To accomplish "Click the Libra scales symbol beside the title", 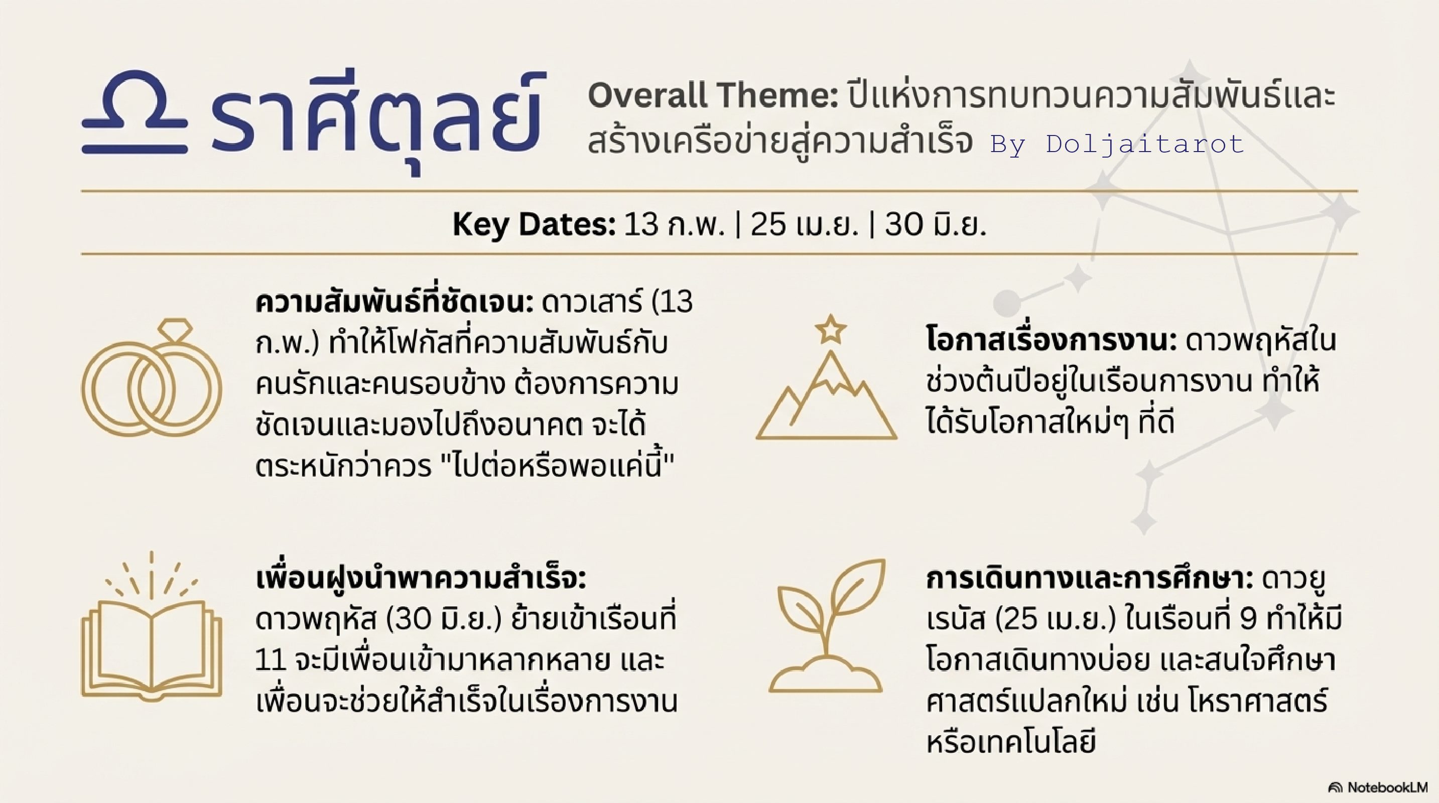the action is click(134, 112).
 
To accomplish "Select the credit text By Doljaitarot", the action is click(1117, 144).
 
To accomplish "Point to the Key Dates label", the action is click(534, 225).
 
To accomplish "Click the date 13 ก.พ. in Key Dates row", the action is click(674, 224).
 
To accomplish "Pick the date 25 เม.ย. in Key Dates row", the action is click(804, 224).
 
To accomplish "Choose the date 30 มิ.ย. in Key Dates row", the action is click(935, 224).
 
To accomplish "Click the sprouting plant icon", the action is click(827, 625).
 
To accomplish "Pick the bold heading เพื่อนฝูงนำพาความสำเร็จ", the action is click(421, 579).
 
